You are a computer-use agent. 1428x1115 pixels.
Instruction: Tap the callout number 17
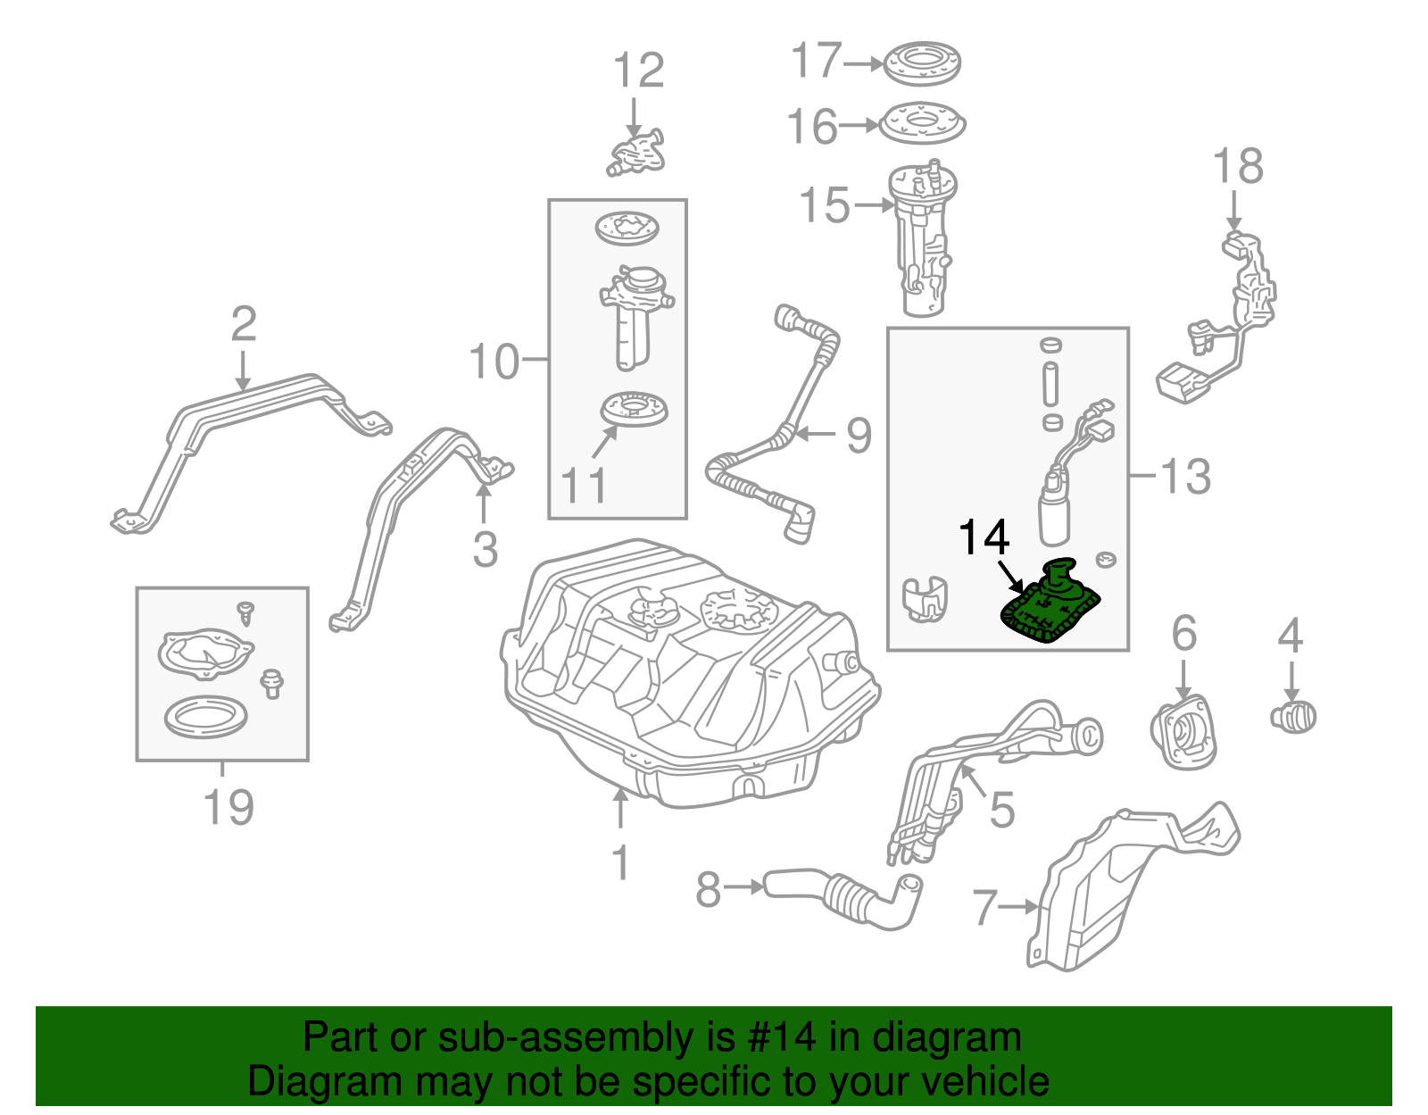[x=816, y=62]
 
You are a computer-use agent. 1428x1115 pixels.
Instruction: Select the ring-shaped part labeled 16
[x=922, y=124]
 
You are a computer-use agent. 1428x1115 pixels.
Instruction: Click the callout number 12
[x=638, y=71]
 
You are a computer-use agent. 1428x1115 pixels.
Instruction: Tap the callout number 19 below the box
[x=228, y=807]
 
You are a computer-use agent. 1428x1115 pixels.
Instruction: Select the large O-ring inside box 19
[x=205, y=717]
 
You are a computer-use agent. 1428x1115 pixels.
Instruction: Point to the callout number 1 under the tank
[x=620, y=863]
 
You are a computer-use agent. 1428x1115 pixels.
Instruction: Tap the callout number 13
[x=1185, y=476]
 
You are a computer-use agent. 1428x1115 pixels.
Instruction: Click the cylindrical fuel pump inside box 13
[x=1054, y=516]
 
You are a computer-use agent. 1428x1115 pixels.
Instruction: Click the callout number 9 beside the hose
[x=858, y=436]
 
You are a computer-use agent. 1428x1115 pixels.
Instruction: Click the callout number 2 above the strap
[x=243, y=324]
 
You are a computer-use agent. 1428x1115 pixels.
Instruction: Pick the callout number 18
[x=1237, y=167]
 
